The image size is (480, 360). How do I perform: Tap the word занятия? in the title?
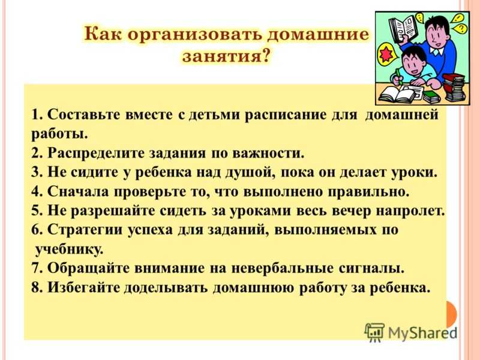click(x=227, y=56)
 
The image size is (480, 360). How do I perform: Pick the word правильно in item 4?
click(x=368, y=193)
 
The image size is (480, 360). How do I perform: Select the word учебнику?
click(x=69, y=250)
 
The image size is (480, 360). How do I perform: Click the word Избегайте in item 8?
click(x=83, y=288)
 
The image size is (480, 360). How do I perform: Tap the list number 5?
click(x=37, y=212)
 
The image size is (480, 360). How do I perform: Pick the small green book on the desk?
click(x=431, y=97)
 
